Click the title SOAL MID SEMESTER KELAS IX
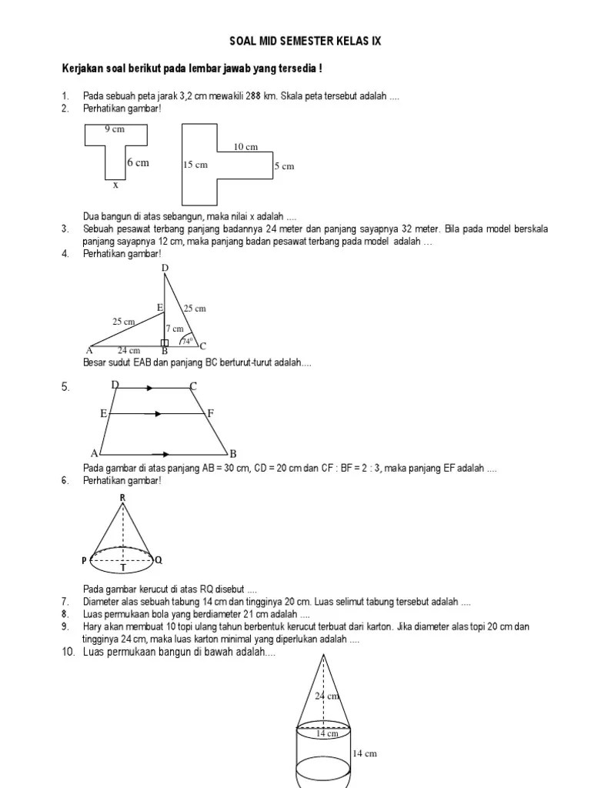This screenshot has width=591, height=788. click(306, 42)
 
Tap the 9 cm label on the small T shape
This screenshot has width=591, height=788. click(115, 129)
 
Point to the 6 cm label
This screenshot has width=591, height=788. click(139, 162)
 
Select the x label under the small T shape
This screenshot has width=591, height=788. click(115, 185)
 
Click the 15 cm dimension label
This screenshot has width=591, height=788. click(195, 165)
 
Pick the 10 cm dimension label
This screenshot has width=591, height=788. click(245, 146)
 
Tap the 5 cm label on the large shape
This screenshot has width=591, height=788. click(284, 165)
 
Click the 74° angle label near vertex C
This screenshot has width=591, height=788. click(185, 340)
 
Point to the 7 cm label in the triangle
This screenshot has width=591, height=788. click(175, 328)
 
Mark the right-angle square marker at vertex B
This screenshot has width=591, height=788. click(164, 342)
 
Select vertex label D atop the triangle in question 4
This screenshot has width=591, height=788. click(165, 268)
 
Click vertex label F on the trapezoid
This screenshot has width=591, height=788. click(210, 413)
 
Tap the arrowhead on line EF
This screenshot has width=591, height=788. click(158, 414)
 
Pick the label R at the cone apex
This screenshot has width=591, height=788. click(122, 498)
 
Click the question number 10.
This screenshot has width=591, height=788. click(68, 653)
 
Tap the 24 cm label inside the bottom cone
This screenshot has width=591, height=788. click(326, 696)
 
